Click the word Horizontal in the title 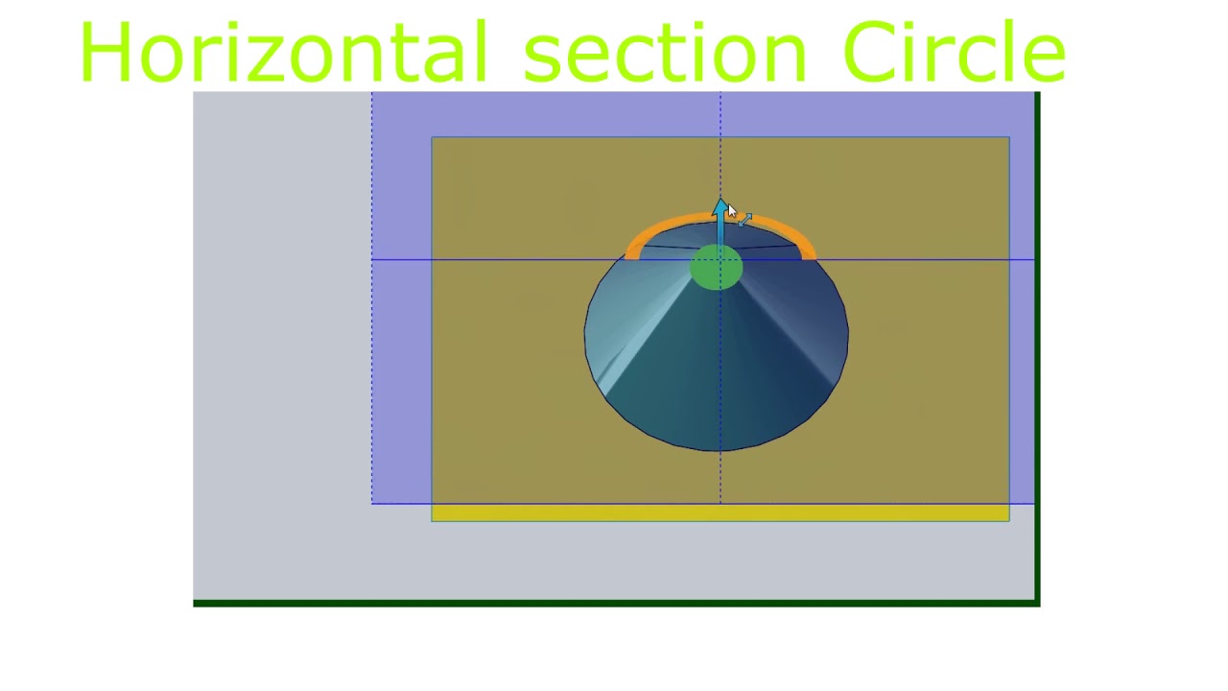283,53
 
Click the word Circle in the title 955,53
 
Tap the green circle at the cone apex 716,268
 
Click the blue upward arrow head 720,206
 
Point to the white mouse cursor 731,212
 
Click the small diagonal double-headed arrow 745,220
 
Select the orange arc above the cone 672,227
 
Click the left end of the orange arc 631,253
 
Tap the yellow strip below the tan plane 720,513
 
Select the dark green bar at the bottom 614,603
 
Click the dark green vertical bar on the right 1037,345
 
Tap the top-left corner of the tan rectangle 433,138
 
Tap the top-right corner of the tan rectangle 1008,138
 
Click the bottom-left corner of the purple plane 372,502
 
